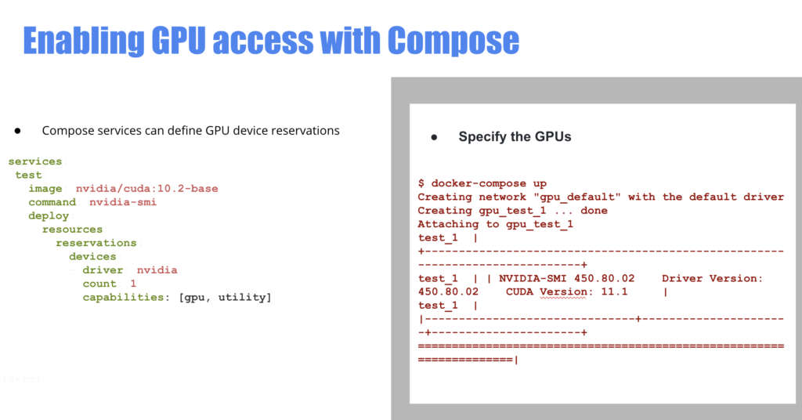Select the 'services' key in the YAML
point(35,161)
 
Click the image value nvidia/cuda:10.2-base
point(146,188)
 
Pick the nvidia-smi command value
point(122,202)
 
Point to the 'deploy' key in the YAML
point(49,215)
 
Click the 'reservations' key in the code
point(96,243)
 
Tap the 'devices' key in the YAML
point(92,256)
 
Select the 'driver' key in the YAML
point(103,270)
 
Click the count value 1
point(133,284)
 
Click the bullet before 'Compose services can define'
point(17,131)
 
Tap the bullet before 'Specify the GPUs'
point(434,137)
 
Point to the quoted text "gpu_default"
point(574,197)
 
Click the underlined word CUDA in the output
point(522,291)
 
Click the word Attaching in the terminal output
point(446,224)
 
